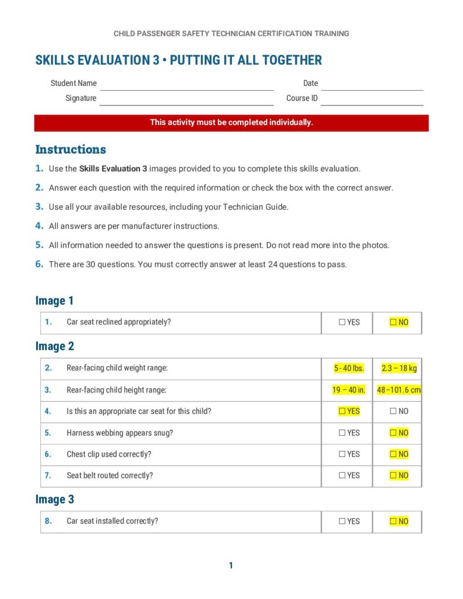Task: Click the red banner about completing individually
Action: pos(231,123)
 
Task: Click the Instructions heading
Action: pos(71,149)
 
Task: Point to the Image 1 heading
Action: pos(54,301)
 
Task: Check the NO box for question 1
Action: pos(393,322)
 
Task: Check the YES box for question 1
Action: pos(342,322)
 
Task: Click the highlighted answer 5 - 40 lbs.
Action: pos(348,369)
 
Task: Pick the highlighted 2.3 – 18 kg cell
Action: pos(399,369)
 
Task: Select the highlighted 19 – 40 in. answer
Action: pos(348,390)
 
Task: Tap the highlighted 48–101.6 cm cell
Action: pos(399,390)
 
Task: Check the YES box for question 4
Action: pos(342,411)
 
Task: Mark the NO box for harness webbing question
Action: pos(393,433)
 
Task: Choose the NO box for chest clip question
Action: pos(393,454)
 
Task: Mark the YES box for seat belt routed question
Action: pos(342,476)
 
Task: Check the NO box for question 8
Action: pos(393,521)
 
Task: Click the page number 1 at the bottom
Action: pos(231,565)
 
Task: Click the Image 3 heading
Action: pos(54,500)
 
